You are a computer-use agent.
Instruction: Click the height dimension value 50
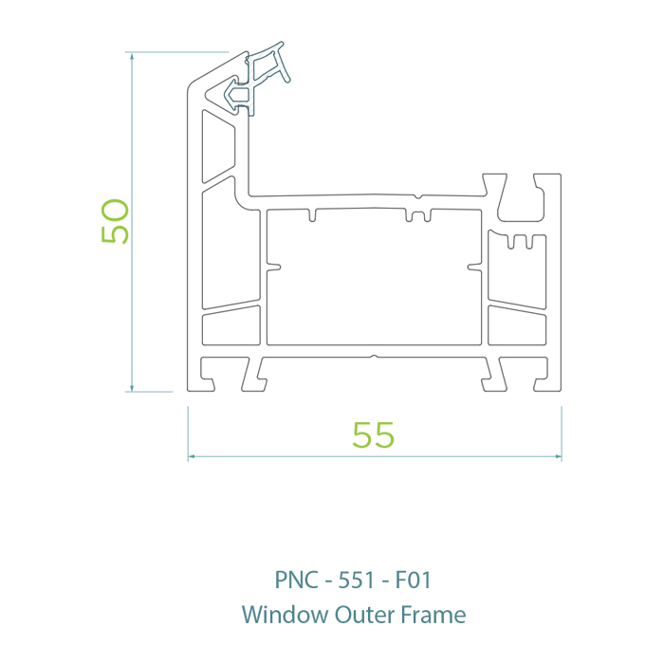click(115, 221)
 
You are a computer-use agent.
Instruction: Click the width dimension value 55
click(373, 434)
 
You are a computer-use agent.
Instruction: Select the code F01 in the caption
click(414, 580)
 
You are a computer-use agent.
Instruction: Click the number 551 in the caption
click(358, 580)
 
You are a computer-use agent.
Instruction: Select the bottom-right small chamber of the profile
click(518, 325)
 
